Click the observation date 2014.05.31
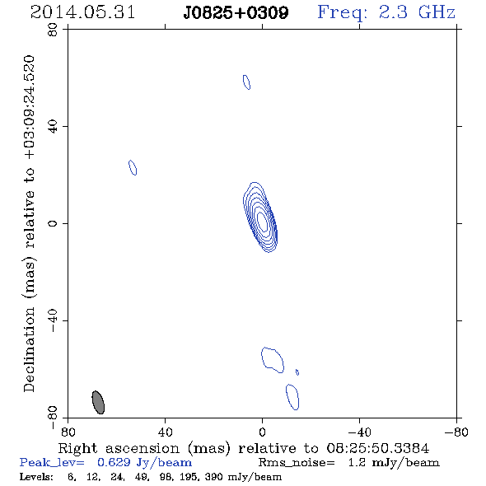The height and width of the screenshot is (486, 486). pyautogui.click(x=82, y=12)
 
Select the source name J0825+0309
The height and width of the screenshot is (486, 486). pyautogui.click(x=236, y=13)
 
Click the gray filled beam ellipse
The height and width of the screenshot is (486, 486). pyautogui.click(x=98, y=402)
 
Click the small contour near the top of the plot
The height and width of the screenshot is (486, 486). pyautogui.click(x=246, y=82)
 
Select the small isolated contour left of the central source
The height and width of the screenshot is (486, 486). pyautogui.click(x=133, y=167)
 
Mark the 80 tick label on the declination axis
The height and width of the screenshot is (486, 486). pyautogui.click(x=53, y=30)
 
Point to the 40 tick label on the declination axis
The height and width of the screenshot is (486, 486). pyautogui.click(x=53, y=127)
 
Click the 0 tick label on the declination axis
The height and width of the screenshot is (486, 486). pyautogui.click(x=53, y=223)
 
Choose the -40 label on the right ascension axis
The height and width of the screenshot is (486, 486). pyautogui.click(x=359, y=432)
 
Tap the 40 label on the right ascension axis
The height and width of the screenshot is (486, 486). pyautogui.click(x=165, y=432)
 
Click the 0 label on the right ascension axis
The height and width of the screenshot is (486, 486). pyautogui.click(x=262, y=432)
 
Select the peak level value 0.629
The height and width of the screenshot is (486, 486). pyautogui.click(x=114, y=462)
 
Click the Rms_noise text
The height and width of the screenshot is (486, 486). pyautogui.click(x=297, y=463)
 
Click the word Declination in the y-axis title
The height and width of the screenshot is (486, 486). pyautogui.click(x=29, y=350)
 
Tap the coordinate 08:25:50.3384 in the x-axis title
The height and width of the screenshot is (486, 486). pyautogui.click(x=378, y=448)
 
